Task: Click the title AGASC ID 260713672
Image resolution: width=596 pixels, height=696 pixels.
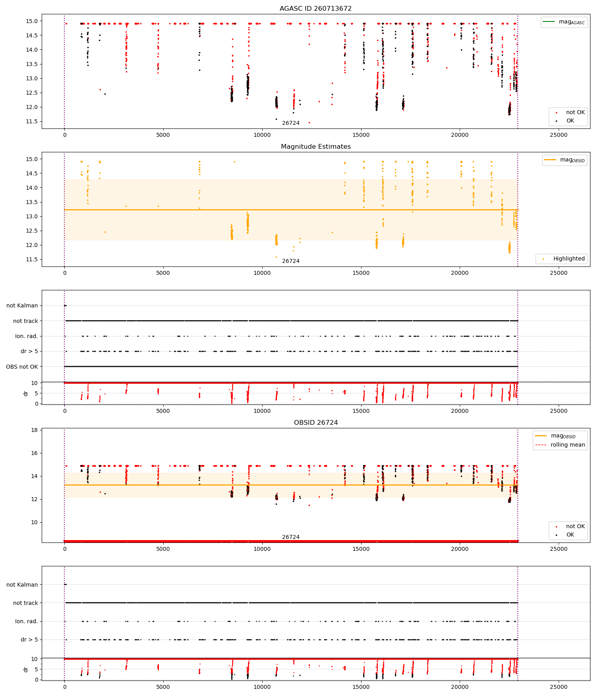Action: pos(315,9)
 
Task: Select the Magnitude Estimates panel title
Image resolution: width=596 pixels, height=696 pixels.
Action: pos(315,147)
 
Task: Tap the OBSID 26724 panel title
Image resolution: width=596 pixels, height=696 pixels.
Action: pos(315,423)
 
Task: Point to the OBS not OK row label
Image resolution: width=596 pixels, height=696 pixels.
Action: pos(22,367)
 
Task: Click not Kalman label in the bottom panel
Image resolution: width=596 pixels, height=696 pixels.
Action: pos(22,585)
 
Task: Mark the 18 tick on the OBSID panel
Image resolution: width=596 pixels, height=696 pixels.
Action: pos(34,430)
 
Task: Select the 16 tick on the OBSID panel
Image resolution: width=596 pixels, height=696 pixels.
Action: pos(34,453)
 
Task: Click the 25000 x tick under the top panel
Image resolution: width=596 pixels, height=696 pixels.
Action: pos(558,135)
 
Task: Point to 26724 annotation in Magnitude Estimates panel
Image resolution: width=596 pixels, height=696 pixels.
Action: pos(291,261)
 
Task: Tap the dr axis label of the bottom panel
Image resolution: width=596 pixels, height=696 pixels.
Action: pos(26,669)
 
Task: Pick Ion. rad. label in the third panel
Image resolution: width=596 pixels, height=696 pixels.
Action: pos(27,336)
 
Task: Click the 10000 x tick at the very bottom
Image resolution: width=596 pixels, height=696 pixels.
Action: pos(262,687)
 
